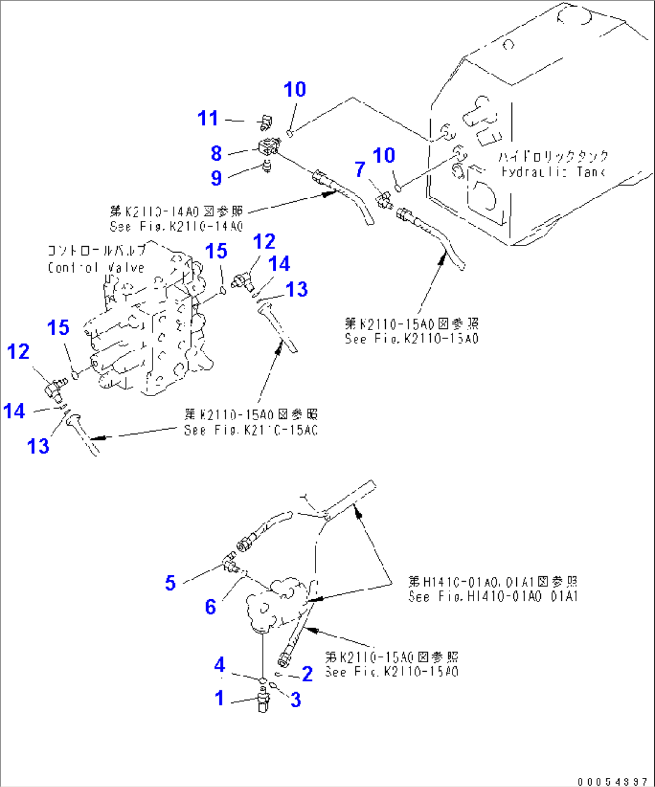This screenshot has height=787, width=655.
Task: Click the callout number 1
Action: [219, 698]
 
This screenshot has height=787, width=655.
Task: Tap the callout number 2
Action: [307, 674]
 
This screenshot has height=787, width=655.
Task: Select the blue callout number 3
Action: [295, 699]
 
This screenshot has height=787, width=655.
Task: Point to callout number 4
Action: [220, 665]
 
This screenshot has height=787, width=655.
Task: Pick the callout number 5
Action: [171, 582]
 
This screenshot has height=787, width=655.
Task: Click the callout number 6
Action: [210, 606]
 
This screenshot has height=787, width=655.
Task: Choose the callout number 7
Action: [359, 170]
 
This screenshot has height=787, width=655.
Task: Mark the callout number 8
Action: [216, 154]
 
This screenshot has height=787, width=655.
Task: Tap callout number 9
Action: [216, 178]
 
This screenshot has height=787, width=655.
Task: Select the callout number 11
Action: [208, 118]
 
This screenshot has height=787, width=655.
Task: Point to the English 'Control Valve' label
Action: [96, 268]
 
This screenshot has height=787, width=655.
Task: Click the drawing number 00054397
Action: [612, 782]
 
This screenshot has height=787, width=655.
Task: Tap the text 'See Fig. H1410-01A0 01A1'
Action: [493, 597]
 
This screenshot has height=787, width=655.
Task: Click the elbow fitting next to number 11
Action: [265, 122]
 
